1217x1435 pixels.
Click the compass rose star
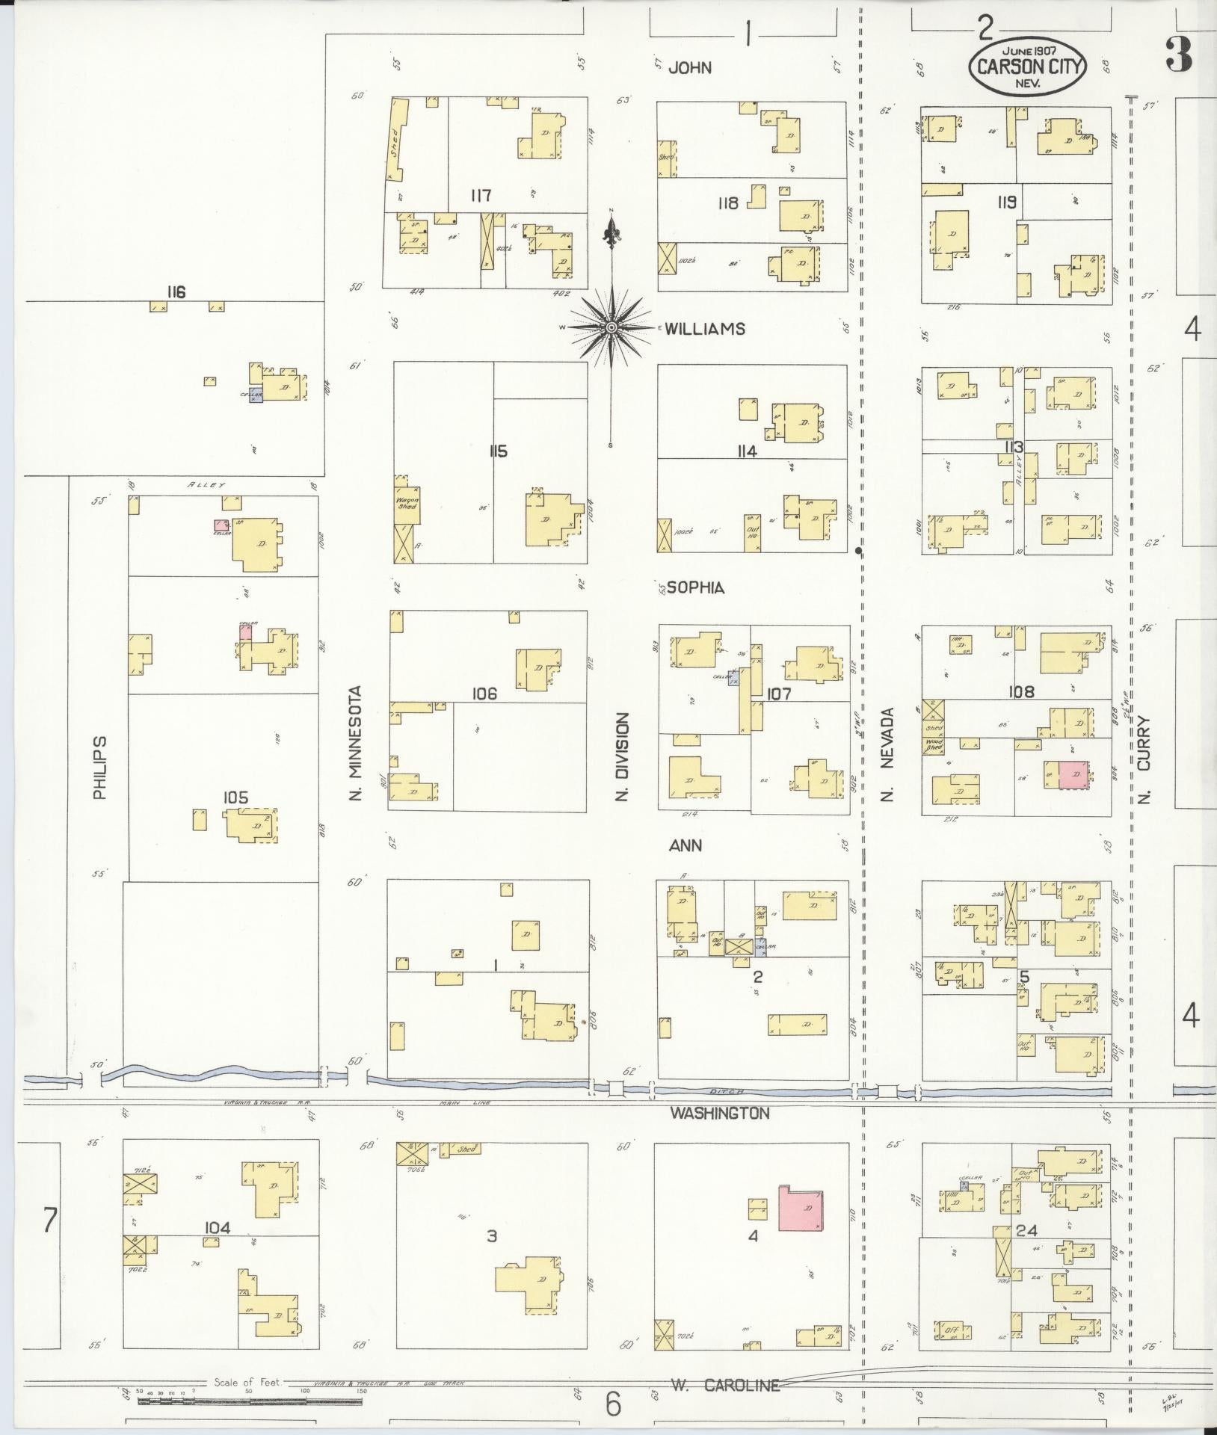click(x=612, y=327)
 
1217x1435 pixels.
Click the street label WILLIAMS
click(x=705, y=328)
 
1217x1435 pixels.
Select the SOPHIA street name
click(x=695, y=587)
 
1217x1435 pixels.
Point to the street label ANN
click(x=685, y=845)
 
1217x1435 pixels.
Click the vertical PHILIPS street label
click(x=100, y=768)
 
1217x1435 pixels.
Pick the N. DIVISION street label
click(x=622, y=757)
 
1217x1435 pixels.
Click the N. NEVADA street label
click(x=888, y=753)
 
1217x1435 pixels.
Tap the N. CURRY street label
click(x=1144, y=760)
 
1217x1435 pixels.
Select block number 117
click(x=481, y=196)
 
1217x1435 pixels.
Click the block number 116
click(x=176, y=291)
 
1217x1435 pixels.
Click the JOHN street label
click(x=689, y=68)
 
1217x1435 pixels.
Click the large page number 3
click(x=1180, y=56)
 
